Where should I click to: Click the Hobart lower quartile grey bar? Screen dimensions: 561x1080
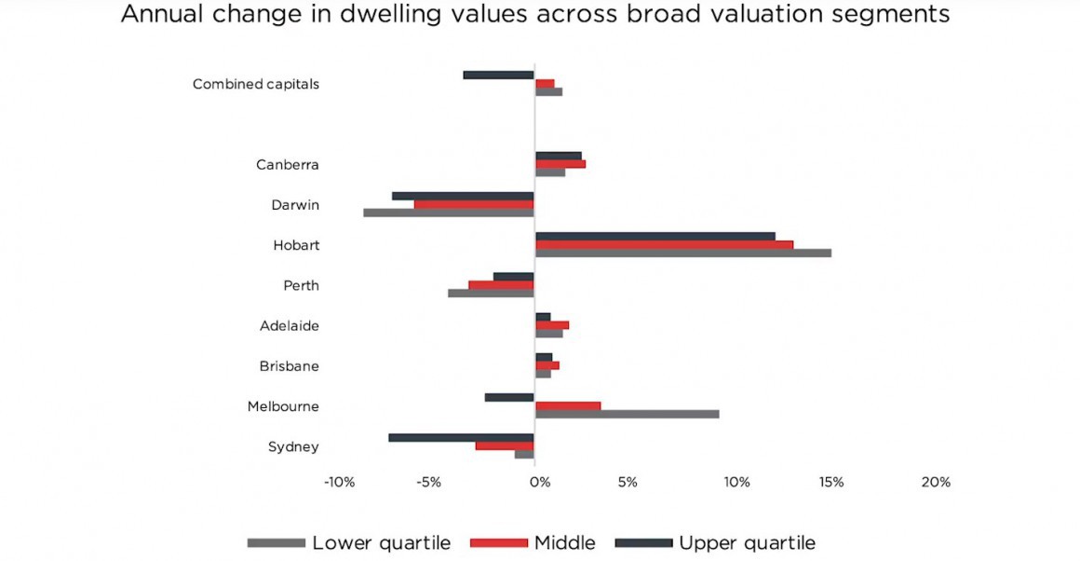click(682, 253)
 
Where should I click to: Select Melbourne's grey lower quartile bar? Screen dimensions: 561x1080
click(627, 414)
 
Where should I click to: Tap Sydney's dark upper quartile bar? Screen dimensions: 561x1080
click(461, 437)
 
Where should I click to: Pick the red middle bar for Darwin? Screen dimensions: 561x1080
click(474, 204)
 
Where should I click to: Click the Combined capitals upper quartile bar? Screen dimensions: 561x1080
click(498, 75)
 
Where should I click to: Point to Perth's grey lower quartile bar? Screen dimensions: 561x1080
click(491, 293)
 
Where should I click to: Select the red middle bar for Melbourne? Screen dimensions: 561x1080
click(568, 405)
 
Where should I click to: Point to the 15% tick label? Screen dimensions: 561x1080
click(831, 483)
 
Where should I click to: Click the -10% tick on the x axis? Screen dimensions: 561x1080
click(338, 483)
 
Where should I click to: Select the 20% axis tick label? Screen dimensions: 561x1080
click(936, 483)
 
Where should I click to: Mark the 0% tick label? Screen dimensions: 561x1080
click(538, 483)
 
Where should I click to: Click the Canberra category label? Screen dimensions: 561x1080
click(287, 165)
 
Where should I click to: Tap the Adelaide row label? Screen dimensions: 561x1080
click(289, 326)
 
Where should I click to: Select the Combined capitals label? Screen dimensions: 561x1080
click(255, 84)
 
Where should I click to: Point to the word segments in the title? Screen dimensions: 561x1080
click(892, 16)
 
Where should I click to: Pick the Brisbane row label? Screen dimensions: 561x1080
click(289, 366)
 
